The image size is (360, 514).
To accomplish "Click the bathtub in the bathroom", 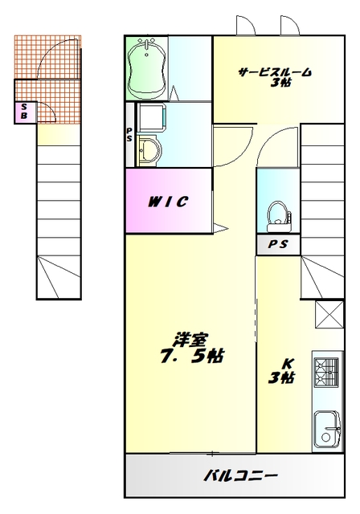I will pyautogui.click(x=147, y=68).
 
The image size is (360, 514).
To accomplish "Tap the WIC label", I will pyautogui.click(x=168, y=201).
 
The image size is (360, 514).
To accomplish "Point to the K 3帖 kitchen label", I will pyautogui.click(x=281, y=369).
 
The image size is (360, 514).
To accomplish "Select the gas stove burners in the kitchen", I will pyautogui.click(x=328, y=372).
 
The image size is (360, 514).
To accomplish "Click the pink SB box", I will pyautogui.click(x=24, y=112).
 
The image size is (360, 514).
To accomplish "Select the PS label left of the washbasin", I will pyautogui.click(x=129, y=133).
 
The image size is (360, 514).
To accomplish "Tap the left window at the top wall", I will pyautogui.click(x=246, y=25).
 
